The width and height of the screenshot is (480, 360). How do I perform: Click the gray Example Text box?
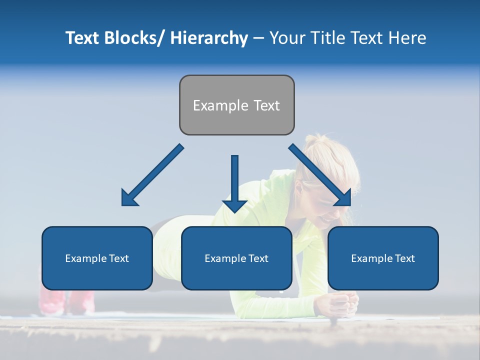pos(236,105)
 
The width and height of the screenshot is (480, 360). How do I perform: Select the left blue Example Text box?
pos(97,258)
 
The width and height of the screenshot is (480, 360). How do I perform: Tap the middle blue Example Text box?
pos(236,258)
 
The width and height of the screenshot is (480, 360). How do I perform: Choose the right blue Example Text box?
pos(383,258)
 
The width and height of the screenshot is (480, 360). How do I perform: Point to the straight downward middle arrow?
pos(234,180)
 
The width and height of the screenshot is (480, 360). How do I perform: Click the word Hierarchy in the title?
pos(209,38)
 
